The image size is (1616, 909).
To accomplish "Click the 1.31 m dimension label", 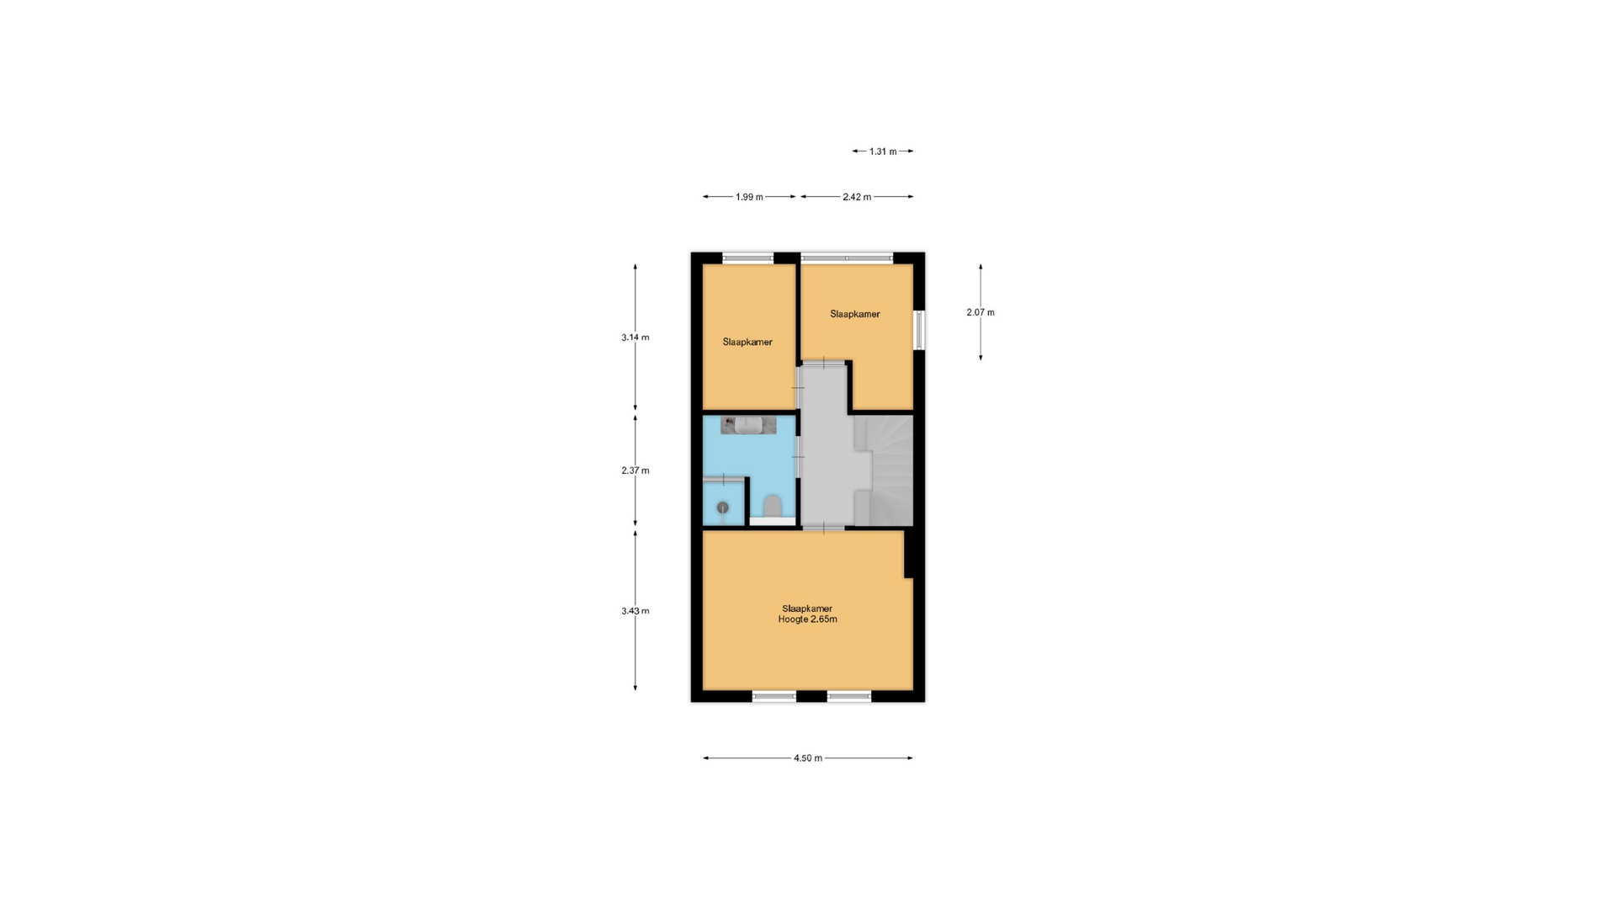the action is click(x=882, y=151).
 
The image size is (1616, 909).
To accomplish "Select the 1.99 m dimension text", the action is click(x=749, y=197).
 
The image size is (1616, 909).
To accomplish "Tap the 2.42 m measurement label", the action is click(x=857, y=197).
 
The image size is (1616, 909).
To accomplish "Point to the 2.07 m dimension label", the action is click(x=981, y=312).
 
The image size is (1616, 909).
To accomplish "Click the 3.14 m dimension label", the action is click(x=635, y=338).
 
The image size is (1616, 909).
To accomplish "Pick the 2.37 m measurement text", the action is click(x=635, y=470).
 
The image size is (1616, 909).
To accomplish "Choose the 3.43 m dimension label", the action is click(x=635, y=611).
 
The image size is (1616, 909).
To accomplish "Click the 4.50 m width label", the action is click(x=808, y=758).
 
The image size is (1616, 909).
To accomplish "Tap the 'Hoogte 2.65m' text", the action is click(x=808, y=619).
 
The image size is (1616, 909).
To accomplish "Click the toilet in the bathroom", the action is click(x=773, y=507).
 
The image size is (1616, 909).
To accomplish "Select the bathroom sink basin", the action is click(x=748, y=425).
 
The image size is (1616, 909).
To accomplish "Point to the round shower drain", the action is click(x=722, y=508).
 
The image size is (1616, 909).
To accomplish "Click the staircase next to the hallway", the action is click(x=884, y=470).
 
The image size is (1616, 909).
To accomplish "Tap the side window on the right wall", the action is click(x=919, y=330).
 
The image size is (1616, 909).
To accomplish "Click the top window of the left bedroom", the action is click(x=748, y=258).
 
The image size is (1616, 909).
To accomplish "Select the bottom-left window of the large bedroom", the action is click(x=774, y=696).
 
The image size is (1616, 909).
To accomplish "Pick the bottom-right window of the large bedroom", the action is click(x=849, y=696).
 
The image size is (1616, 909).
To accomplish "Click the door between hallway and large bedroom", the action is click(x=823, y=528).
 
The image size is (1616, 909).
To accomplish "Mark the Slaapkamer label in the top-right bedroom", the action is click(x=855, y=314).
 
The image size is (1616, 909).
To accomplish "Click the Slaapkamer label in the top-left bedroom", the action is click(x=747, y=342).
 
